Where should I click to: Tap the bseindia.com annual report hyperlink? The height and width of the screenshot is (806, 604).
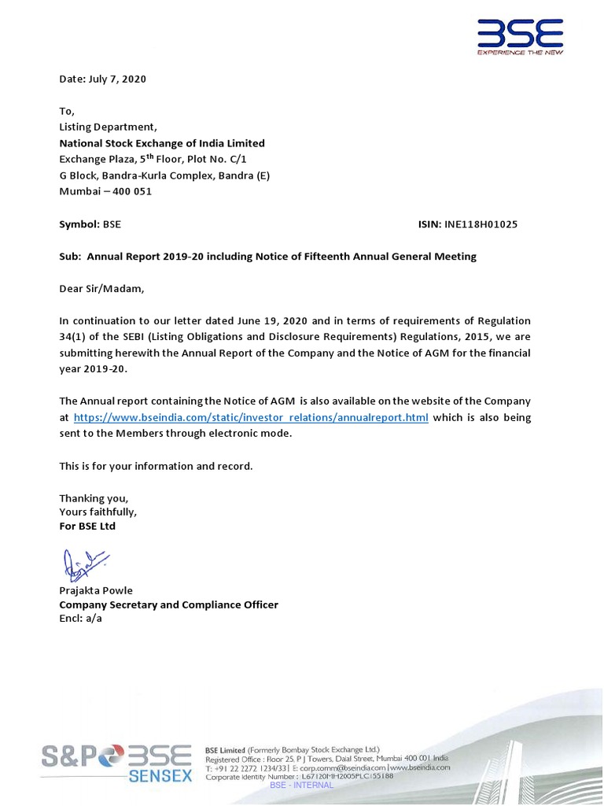click(x=251, y=417)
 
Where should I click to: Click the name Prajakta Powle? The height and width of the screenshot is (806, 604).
click(x=96, y=590)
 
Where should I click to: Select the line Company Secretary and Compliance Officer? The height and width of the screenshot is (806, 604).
click(x=168, y=604)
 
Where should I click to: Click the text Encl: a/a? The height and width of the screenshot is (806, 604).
click(x=81, y=619)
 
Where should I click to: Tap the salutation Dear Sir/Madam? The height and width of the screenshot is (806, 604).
click(x=102, y=288)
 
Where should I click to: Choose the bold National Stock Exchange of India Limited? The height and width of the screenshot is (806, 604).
click(x=162, y=143)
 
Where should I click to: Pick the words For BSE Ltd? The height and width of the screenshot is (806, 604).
click(x=87, y=526)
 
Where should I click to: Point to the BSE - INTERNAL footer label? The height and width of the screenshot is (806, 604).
click(x=301, y=786)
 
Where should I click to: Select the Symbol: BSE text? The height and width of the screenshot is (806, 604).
click(x=90, y=224)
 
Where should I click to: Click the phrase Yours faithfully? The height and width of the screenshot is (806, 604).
click(x=98, y=512)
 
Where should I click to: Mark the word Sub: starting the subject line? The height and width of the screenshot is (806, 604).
click(x=72, y=257)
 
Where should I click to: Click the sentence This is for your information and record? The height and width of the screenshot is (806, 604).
click(x=157, y=466)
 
